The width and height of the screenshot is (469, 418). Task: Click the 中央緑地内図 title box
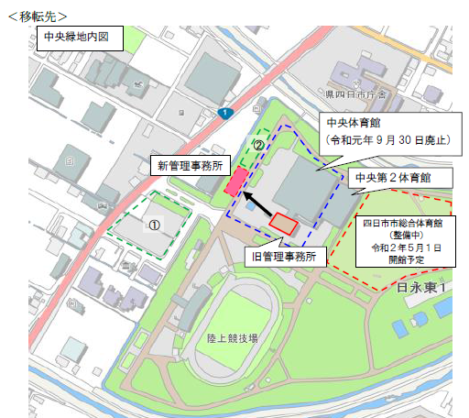point(77,38)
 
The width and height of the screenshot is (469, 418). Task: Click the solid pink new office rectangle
point(235,181)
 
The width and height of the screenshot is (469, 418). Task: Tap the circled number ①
point(155,223)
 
